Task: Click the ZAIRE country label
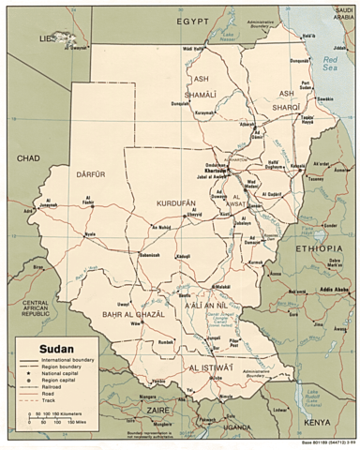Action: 157,410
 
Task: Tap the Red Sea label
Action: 328,63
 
